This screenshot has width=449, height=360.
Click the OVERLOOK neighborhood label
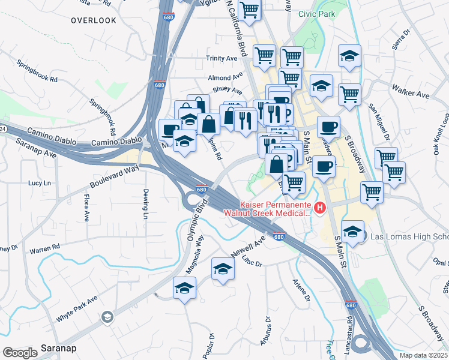93,20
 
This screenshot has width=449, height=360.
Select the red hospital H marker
320,208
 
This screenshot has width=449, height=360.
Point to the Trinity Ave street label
222,58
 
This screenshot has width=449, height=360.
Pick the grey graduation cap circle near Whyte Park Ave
107,317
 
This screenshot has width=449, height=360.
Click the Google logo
20,352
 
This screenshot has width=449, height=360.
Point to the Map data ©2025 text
423,355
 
